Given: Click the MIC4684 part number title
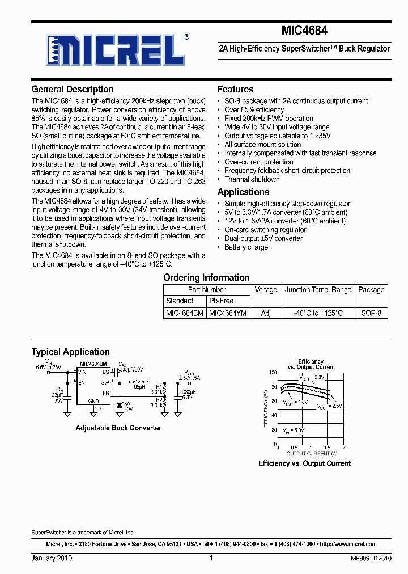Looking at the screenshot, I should pyautogui.click(x=304, y=32).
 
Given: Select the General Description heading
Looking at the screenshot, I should pyautogui.click(x=73, y=90).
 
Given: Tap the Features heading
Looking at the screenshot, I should pyautogui.click(x=235, y=90).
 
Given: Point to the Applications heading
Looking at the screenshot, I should pyautogui.click(x=243, y=192).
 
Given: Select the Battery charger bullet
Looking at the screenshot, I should pyautogui.click(x=247, y=247).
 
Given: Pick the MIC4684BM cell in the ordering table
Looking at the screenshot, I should pyautogui.click(x=185, y=313).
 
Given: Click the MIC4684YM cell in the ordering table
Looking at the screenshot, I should pyautogui.click(x=228, y=313).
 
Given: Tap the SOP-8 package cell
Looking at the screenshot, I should pyautogui.click(x=371, y=313).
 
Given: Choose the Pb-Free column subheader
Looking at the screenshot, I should pyautogui.click(x=221, y=301).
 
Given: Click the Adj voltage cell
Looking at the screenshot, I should pyautogui.click(x=266, y=313).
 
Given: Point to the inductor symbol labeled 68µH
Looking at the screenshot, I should pyautogui.click(x=138, y=381).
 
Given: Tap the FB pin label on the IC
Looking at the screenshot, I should pyautogui.click(x=105, y=392).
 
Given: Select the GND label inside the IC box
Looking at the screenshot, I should pyautogui.click(x=93, y=401).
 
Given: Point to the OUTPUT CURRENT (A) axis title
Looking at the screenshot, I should pyautogui.click(x=311, y=454).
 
